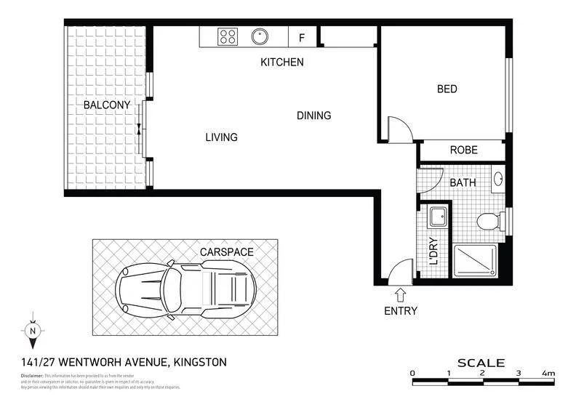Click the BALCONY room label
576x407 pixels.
(x=107, y=105)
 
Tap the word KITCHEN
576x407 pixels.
(x=282, y=63)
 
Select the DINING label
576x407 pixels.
(x=313, y=116)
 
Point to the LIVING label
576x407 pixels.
(x=221, y=137)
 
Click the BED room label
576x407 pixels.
(x=447, y=89)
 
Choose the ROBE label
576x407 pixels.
(x=463, y=150)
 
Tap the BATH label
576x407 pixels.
(x=463, y=182)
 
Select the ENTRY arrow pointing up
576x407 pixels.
(x=400, y=294)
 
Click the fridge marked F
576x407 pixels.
(x=302, y=37)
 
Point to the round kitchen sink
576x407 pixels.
(x=260, y=36)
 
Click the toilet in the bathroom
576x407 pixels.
(x=488, y=220)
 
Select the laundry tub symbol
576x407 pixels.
(x=439, y=217)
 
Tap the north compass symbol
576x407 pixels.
(x=32, y=331)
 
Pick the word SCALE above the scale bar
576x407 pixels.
(x=481, y=362)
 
